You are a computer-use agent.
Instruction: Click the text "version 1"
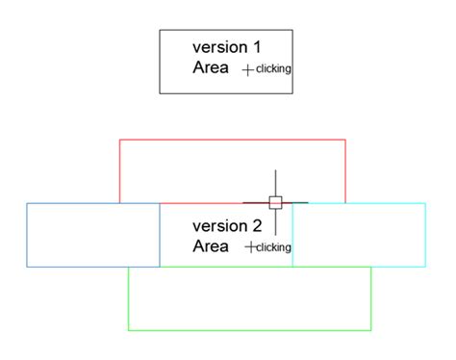click(x=227, y=46)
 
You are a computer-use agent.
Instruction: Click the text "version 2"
click(x=227, y=226)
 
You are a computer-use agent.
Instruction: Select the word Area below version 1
click(x=211, y=67)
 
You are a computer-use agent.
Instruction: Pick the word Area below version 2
click(x=211, y=246)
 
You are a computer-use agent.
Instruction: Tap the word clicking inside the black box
click(x=273, y=68)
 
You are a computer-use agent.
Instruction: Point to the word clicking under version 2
click(x=273, y=247)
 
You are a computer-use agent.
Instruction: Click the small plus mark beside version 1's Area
click(x=248, y=69)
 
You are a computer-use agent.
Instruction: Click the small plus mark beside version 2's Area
click(x=250, y=247)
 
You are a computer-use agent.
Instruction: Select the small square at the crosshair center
click(x=275, y=202)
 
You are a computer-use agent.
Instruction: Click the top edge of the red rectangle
click(x=232, y=140)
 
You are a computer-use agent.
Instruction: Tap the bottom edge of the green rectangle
click(x=249, y=330)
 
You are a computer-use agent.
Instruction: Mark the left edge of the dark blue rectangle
click(x=27, y=235)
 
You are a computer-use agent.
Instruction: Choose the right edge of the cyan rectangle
click(x=425, y=235)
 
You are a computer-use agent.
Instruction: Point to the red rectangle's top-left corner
click(x=119, y=140)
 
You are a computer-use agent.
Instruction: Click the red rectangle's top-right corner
click(x=345, y=140)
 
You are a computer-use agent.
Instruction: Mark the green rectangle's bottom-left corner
click(x=128, y=330)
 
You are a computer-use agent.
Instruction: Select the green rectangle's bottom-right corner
click(x=371, y=330)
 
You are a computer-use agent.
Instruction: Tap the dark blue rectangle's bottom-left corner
click(x=27, y=267)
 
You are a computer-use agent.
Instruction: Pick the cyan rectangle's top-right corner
click(x=425, y=203)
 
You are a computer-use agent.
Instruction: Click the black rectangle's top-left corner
click(x=160, y=30)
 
